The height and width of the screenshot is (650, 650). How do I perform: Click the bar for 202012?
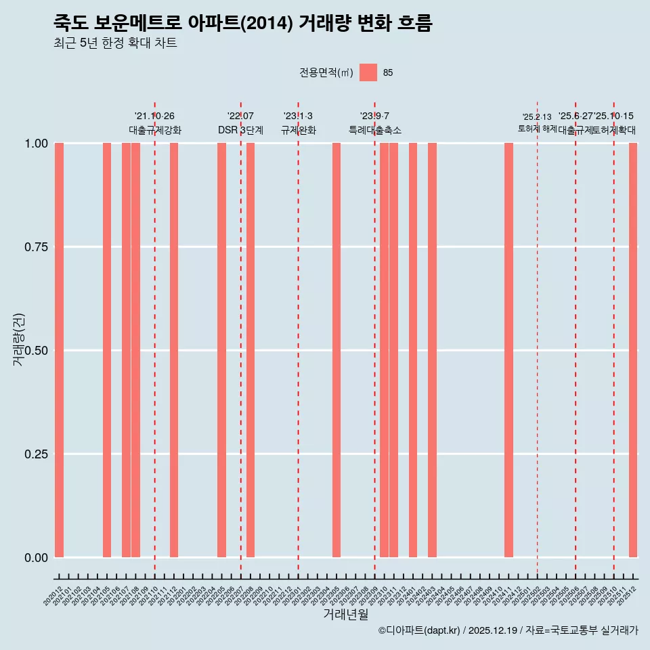59,350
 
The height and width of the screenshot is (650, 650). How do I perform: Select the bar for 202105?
107,350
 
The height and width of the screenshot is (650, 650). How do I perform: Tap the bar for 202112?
174,350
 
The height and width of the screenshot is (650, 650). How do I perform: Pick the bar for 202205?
221,350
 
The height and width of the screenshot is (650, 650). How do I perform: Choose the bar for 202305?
337,350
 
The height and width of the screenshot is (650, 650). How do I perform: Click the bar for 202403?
432,350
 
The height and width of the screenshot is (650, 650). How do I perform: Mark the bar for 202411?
508,350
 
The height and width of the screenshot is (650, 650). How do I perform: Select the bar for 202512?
633,350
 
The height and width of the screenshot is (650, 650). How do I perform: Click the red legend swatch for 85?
368,72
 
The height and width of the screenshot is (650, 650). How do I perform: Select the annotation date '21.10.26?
154,116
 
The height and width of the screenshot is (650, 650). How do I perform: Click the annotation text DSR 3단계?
240,130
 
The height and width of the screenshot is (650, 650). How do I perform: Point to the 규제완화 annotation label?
299,130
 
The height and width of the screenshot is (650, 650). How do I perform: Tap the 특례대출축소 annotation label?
375,130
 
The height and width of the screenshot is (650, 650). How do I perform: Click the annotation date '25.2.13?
537,117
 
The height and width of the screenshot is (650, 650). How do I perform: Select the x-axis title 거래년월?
345,615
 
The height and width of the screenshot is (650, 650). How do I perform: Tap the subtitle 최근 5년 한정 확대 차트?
115,43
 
